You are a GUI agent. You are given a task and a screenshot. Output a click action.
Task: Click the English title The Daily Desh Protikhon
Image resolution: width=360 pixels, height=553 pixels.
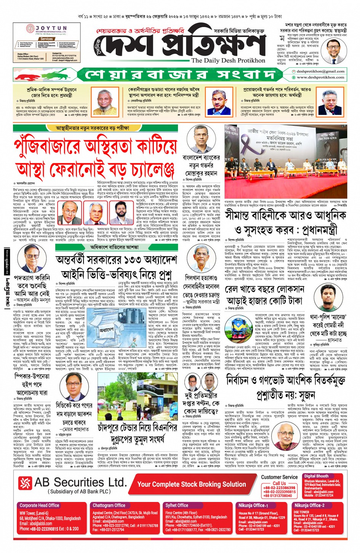tap(228, 61)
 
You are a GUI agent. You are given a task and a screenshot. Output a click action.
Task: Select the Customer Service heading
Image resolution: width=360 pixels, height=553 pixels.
tap(279, 477)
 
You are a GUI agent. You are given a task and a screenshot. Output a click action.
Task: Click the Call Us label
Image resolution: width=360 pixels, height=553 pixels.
tap(279, 483)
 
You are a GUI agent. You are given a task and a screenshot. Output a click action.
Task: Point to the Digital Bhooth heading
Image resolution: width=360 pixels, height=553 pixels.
tap(316, 476)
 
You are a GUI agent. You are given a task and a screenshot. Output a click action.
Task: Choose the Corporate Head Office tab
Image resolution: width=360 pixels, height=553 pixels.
tap(39, 505)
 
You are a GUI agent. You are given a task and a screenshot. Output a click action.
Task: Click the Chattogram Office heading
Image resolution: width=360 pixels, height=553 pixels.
tap(109, 505)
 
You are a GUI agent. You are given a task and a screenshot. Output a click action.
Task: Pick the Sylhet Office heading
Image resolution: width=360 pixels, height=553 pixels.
tap(177, 505)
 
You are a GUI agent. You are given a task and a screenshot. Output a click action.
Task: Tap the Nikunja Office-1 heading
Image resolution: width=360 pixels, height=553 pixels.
tap(253, 505)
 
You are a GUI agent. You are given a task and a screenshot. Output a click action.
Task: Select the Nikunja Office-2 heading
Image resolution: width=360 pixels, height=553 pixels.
tap(309, 505)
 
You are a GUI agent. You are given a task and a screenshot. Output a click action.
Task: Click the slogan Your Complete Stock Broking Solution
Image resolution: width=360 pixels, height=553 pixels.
tap(192, 484)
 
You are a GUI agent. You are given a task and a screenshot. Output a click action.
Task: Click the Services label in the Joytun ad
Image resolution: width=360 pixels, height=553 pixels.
tap(46, 39)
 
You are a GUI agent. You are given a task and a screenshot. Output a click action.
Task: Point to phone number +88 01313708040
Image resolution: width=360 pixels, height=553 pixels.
tap(279, 496)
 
